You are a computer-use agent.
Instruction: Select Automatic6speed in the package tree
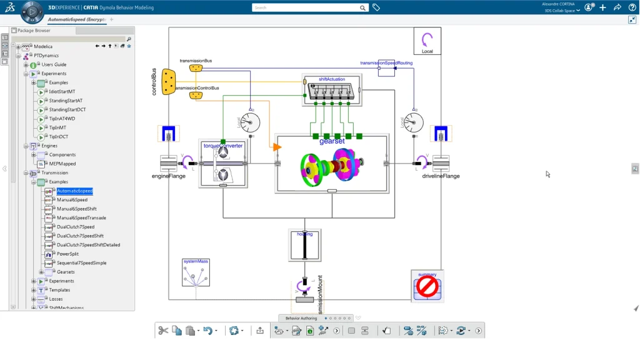click(74, 191)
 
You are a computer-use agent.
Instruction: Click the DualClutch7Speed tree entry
click(76, 227)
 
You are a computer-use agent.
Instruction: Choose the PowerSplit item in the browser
click(68, 254)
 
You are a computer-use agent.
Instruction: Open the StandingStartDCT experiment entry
click(67, 109)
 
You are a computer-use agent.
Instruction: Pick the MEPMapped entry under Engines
click(62, 164)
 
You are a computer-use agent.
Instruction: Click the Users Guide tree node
click(54, 64)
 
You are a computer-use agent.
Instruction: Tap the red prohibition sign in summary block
click(427, 287)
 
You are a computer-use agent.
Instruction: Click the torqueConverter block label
click(222, 146)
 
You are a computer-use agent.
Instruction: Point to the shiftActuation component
click(332, 90)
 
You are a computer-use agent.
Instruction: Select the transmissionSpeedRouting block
click(386, 68)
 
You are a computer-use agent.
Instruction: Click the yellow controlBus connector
click(168, 82)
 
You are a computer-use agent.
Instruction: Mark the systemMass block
click(196, 272)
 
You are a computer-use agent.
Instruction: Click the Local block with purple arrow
click(427, 41)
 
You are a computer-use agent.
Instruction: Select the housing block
click(304, 245)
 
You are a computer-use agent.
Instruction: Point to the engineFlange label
click(169, 176)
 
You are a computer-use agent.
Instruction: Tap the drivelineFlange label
click(441, 176)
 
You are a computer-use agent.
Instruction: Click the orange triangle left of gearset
click(277, 147)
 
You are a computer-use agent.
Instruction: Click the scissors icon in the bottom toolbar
click(163, 331)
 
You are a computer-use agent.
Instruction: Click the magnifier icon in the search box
click(362, 8)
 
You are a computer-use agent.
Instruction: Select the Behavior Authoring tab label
click(301, 318)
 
